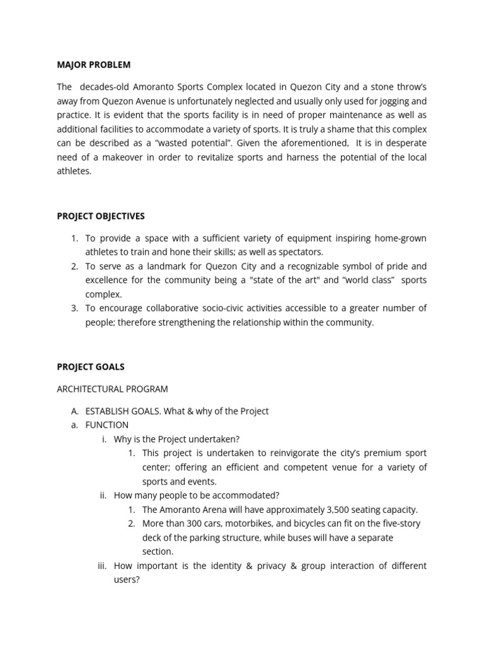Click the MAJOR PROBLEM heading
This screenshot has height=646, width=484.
[94, 65]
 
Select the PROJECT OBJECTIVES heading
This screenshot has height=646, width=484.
[101, 216]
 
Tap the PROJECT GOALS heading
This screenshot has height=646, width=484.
[91, 367]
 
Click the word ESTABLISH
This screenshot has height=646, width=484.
[107, 411]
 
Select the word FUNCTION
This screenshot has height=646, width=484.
[107, 425]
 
